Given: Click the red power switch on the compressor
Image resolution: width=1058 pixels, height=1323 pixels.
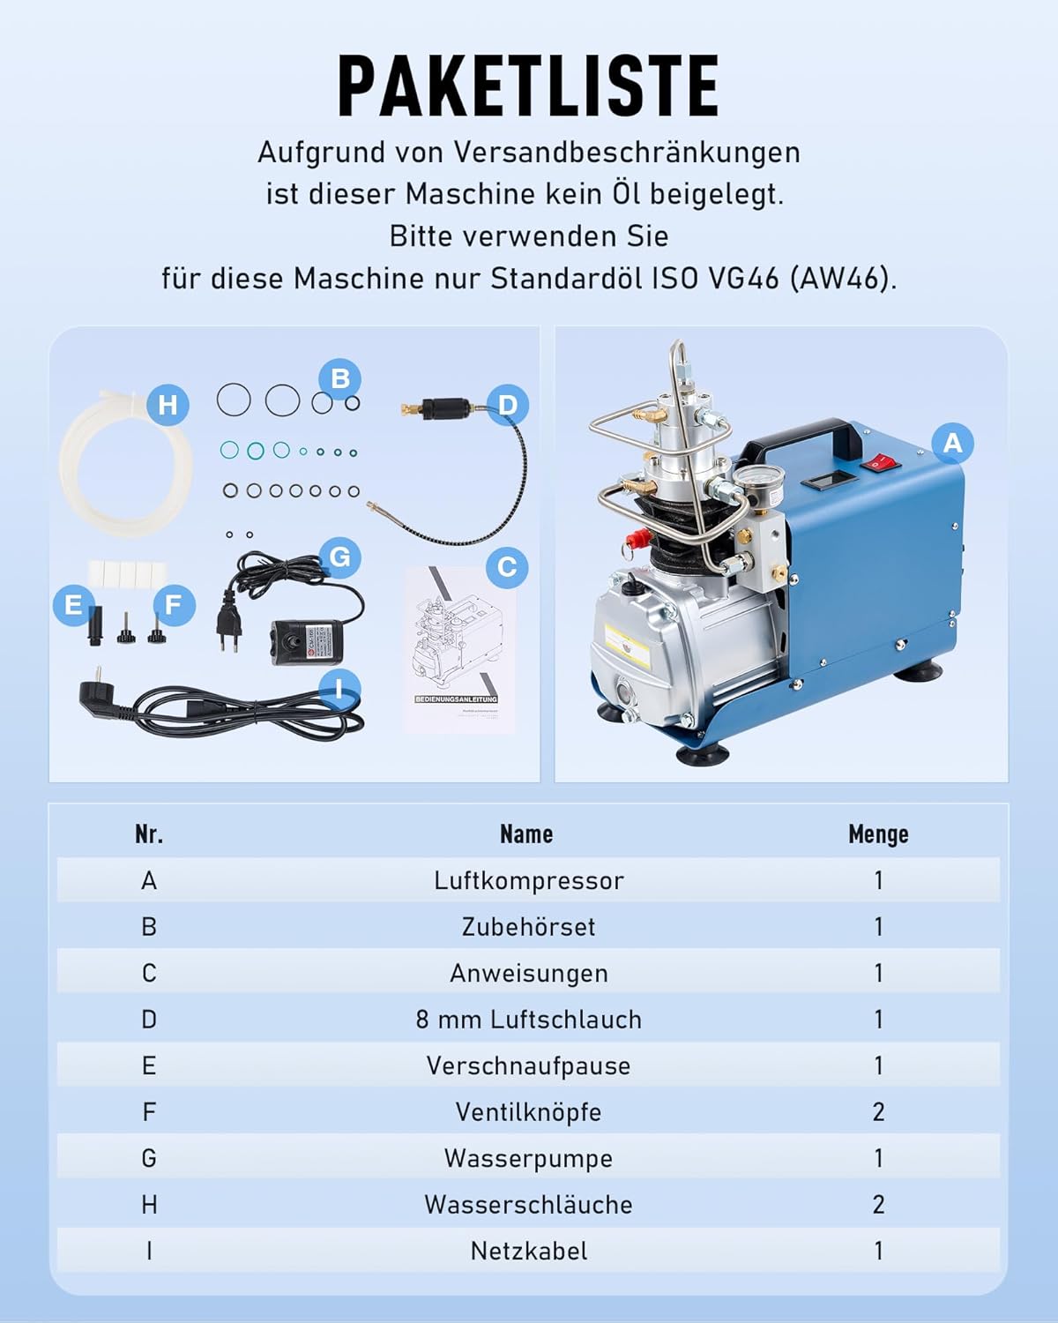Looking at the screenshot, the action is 880,461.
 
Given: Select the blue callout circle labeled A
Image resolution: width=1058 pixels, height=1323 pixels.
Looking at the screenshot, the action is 952,443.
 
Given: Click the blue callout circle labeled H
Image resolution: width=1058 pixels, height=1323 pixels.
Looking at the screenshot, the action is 168,405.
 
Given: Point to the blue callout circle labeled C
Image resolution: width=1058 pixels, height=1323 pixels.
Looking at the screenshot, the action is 507,566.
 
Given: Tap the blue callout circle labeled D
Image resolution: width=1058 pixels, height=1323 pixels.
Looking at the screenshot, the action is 508,405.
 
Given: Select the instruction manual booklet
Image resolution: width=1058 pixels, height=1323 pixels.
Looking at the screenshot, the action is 460,650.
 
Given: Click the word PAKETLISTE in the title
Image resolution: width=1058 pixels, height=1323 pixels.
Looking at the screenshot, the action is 529,86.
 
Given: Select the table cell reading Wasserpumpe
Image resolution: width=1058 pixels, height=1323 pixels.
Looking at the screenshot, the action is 529,1158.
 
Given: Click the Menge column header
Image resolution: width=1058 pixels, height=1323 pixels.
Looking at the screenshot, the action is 878,834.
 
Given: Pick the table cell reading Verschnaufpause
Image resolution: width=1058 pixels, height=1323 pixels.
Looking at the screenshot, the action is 529,1066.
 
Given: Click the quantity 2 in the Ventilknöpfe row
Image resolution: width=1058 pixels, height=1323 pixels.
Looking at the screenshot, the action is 878,1112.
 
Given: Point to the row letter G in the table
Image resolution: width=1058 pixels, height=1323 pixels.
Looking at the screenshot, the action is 149,1158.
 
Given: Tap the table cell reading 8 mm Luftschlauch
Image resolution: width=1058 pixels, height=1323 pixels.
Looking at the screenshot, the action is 529,1020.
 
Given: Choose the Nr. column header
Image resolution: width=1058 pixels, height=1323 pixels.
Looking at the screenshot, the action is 149,834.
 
